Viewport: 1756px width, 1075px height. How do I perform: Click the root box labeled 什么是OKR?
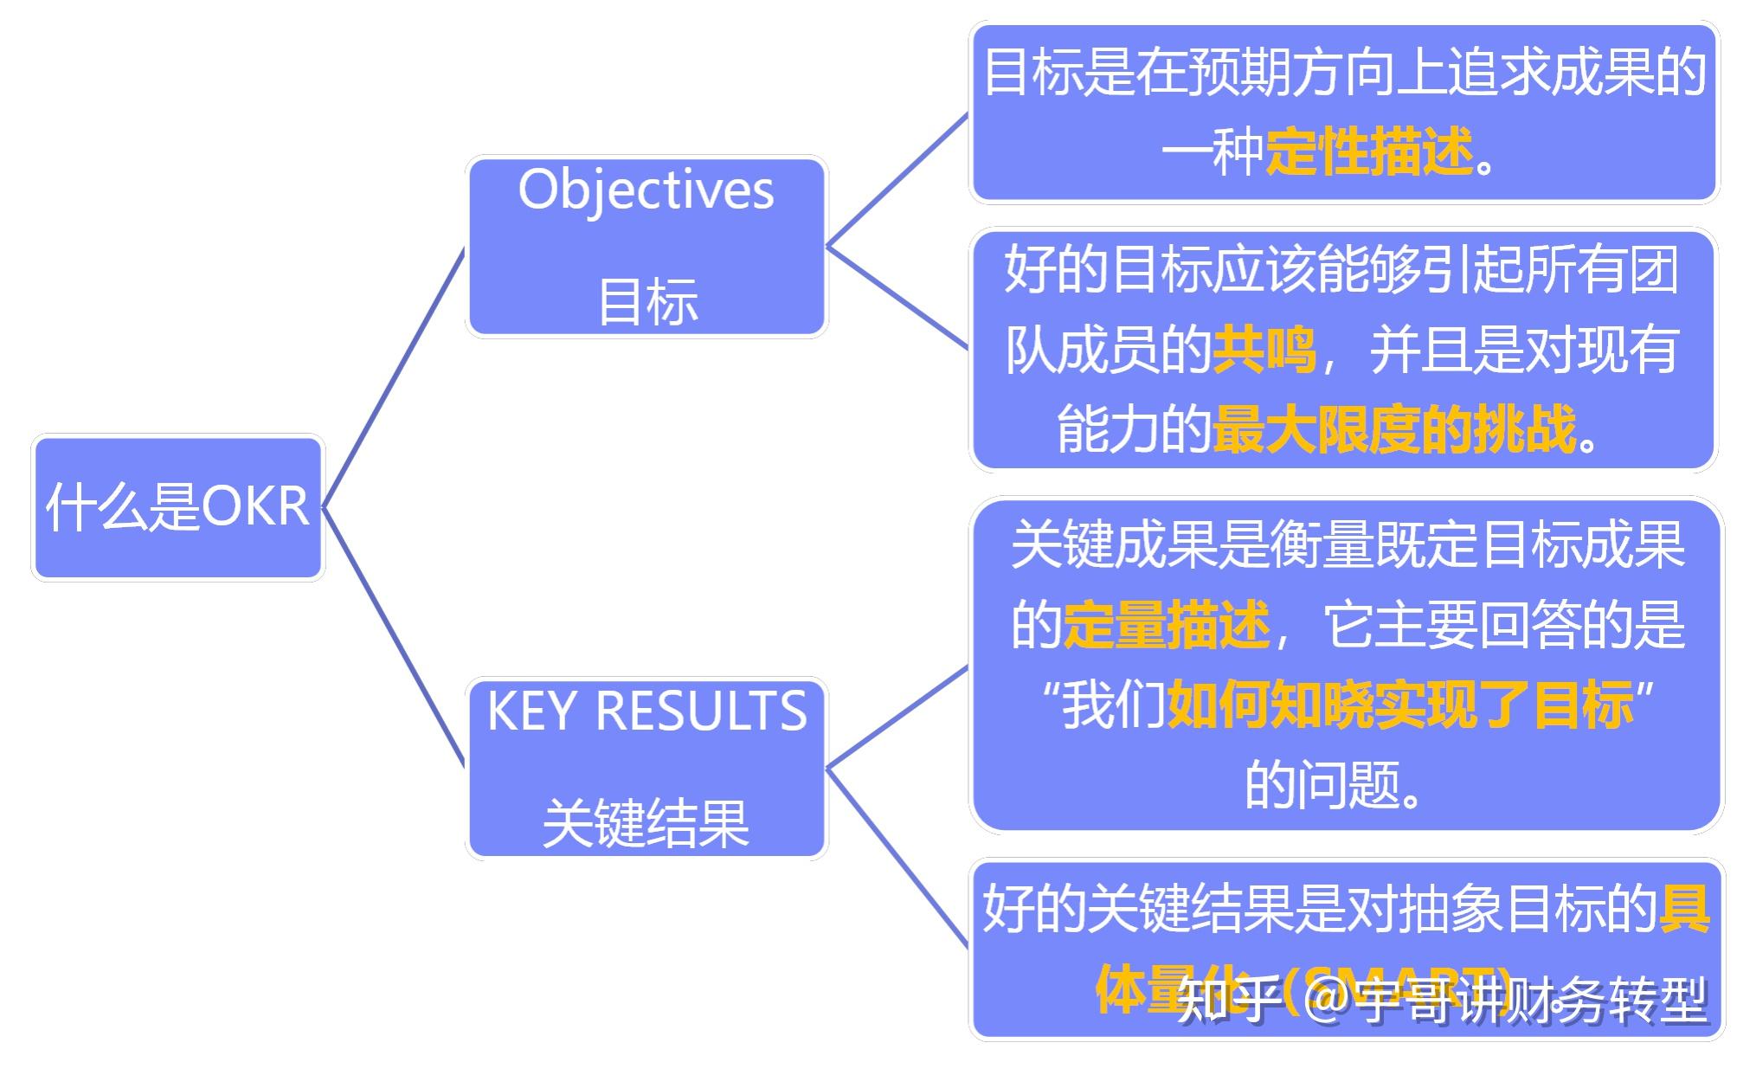click(177, 507)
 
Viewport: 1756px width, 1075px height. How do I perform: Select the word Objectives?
click(646, 190)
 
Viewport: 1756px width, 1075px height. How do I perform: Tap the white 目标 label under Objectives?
click(647, 302)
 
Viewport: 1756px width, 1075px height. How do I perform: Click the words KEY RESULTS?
click(646, 711)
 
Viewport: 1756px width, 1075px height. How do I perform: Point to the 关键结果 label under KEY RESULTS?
click(646, 823)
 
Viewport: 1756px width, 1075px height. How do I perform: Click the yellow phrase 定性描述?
click(1369, 152)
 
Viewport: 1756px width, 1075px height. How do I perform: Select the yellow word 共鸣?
click(1264, 350)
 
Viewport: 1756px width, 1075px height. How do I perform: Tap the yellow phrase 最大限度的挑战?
click(1395, 429)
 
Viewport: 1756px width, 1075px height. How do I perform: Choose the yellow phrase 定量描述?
click(1167, 624)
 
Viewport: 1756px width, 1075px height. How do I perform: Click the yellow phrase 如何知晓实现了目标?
click(1400, 705)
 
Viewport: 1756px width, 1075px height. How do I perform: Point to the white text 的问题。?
click(1333, 785)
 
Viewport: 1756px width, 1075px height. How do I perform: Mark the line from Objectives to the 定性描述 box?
click(897, 180)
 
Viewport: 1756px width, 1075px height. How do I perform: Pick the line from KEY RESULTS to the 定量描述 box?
click(897, 717)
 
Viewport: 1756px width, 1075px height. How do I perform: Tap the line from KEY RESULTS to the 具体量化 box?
click(897, 858)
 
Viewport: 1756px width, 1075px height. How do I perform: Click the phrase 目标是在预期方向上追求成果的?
click(1344, 73)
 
